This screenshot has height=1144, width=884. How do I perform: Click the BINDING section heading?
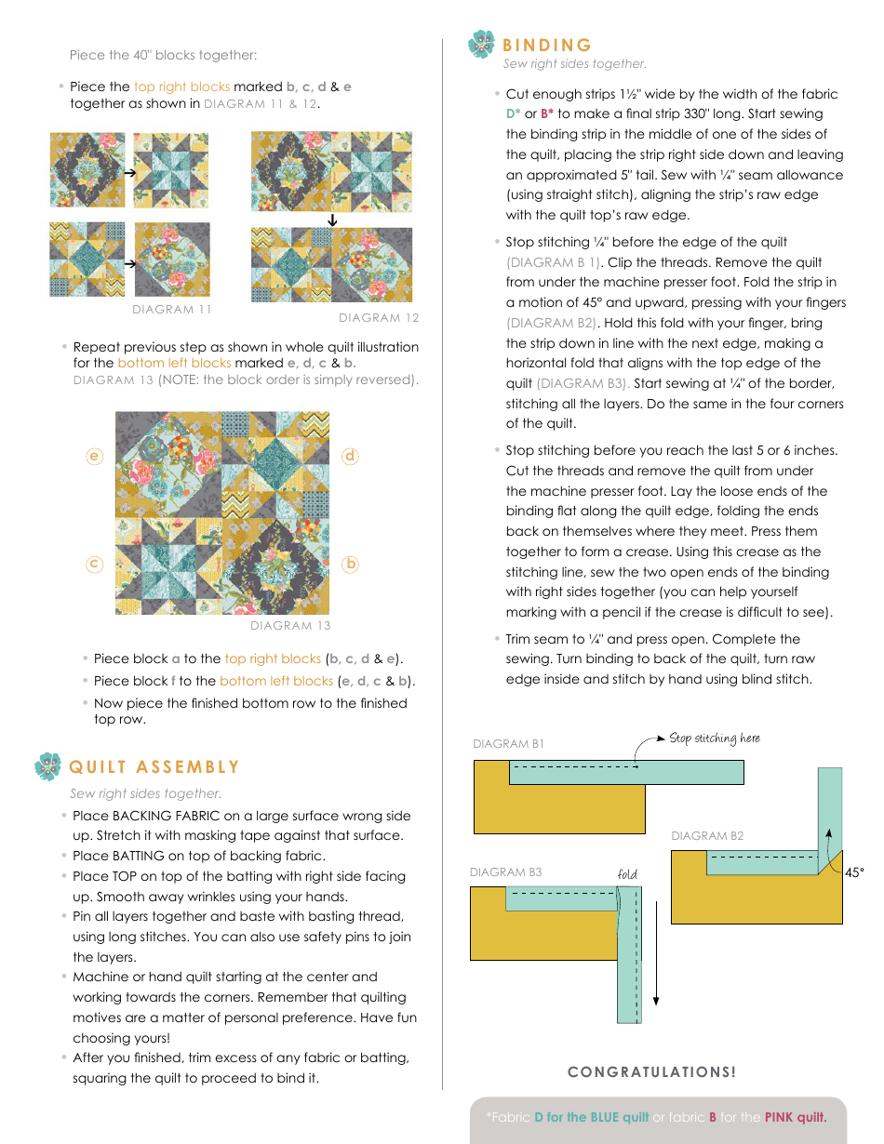tap(547, 46)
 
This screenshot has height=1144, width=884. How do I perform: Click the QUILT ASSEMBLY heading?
tap(154, 767)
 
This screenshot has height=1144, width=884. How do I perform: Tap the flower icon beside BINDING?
tap(482, 44)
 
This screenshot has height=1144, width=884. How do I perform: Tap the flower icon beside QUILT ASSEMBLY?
tap(48, 766)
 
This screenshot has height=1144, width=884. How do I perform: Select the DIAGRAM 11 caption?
tap(172, 310)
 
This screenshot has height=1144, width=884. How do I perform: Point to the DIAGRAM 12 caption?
tap(379, 318)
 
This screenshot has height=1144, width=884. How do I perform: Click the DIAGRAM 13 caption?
tap(290, 626)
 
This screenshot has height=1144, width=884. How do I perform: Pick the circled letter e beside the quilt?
tap(94, 457)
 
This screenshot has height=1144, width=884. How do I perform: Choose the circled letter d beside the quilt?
tap(350, 457)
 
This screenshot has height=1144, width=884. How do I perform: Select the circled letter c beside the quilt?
tap(94, 564)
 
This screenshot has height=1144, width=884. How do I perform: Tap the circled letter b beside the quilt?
tap(350, 564)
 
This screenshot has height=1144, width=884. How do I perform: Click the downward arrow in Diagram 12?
tap(332, 220)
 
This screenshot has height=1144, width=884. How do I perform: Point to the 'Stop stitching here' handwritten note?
tap(715, 738)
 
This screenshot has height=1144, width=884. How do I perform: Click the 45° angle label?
tap(854, 872)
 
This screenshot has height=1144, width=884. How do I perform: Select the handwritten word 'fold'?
tap(627, 874)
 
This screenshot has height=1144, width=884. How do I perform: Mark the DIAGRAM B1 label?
tap(508, 744)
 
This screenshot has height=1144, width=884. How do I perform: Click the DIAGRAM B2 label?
tap(707, 836)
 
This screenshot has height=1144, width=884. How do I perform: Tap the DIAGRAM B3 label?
tap(505, 872)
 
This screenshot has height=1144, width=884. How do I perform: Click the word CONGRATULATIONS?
tap(651, 1072)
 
